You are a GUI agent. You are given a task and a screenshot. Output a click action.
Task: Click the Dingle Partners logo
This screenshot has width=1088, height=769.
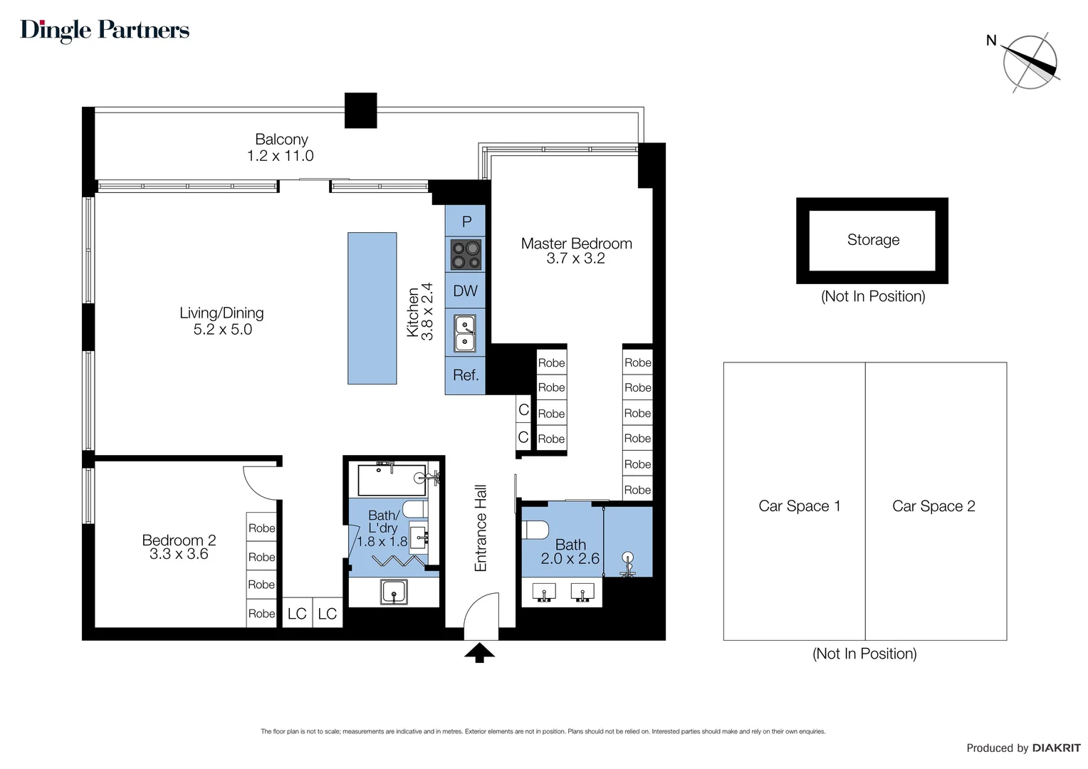pyautogui.click(x=105, y=30)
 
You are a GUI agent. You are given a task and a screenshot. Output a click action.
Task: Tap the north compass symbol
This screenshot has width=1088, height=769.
pyautogui.click(x=1030, y=63)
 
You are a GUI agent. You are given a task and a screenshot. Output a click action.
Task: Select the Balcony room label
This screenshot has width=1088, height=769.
pyautogui.click(x=281, y=140)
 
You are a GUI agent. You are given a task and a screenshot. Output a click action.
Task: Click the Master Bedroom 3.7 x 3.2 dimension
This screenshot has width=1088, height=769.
pyautogui.click(x=575, y=259)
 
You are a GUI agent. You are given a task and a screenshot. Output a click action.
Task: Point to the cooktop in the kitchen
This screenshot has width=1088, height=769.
pyautogui.click(x=466, y=255)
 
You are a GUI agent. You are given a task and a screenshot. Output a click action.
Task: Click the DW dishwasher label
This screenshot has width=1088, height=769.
pyautogui.click(x=466, y=291)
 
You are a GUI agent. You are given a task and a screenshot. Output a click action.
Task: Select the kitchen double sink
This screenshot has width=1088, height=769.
pyautogui.click(x=465, y=333)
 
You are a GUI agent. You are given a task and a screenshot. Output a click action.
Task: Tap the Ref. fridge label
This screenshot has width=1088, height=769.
pyautogui.click(x=466, y=375)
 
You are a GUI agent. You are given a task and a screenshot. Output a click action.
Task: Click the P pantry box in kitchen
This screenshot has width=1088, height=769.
pyautogui.click(x=466, y=221)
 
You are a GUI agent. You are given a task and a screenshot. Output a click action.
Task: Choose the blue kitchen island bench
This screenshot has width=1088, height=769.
pyautogui.click(x=372, y=308)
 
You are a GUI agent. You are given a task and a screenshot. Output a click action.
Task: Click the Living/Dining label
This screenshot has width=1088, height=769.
pyautogui.click(x=221, y=313)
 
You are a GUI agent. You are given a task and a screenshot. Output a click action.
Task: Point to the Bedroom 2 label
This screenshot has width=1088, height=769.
pyautogui.click(x=179, y=540)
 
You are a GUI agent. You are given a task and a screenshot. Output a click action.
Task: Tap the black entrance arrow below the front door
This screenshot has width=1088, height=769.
pyautogui.click(x=479, y=652)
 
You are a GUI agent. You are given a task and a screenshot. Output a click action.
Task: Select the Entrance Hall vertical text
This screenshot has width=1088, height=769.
pyautogui.click(x=481, y=528)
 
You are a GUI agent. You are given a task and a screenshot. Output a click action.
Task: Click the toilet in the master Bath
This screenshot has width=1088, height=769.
pyautogui.click(x=535, y=531)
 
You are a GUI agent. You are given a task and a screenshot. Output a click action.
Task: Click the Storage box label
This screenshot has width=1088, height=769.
pyautogui.click(x=873, y=240)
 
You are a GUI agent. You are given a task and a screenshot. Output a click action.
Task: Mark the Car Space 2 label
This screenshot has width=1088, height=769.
pyautogui.click(x=933, y=506)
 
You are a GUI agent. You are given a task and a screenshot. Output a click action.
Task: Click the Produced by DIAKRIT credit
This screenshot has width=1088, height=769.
pyautogui.click(x=1022, y=748)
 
